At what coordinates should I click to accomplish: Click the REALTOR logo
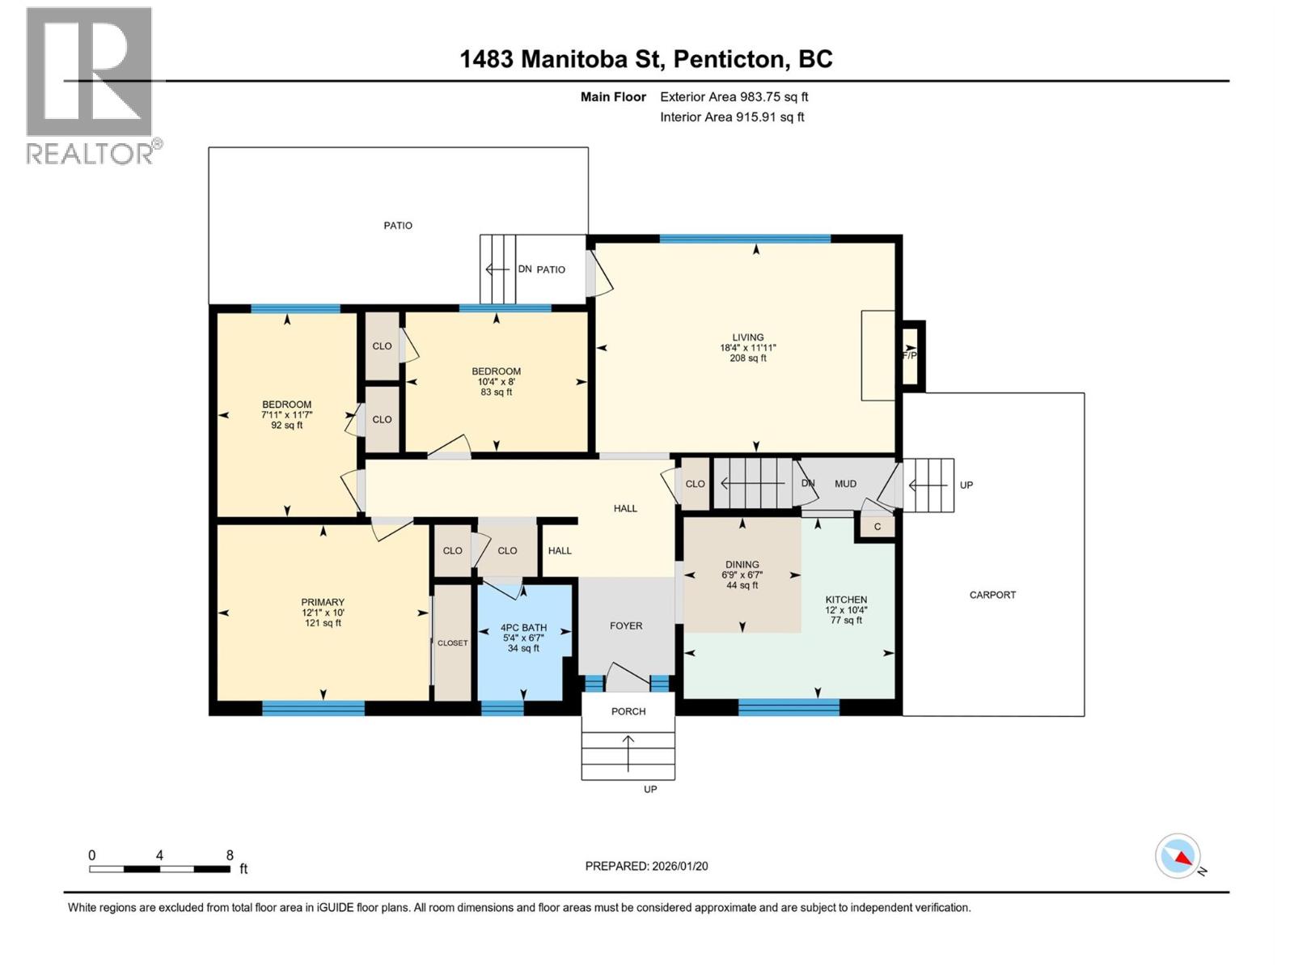[92, 86]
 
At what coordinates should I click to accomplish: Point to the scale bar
[160, 869]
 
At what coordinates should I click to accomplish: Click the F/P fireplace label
[909, 355]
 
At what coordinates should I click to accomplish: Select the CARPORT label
[992, 595]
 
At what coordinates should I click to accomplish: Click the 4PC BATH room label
[523, 628]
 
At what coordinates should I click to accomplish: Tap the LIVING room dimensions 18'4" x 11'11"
[747, 348]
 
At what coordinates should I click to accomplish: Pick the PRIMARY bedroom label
[323, 602]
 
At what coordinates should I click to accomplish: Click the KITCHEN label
[846, 600]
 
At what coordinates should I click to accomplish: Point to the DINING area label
[742, 564]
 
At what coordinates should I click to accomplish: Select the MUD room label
[845, 483]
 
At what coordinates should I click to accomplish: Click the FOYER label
[626, 625]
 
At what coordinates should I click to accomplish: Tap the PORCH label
[628, 711]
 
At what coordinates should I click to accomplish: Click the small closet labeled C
[877, 527]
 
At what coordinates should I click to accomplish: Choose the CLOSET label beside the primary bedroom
[453, 642]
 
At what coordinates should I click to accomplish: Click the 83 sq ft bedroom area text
[496, 392]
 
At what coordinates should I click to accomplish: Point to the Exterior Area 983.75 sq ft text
[734, 96]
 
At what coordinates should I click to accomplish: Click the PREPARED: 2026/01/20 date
[647, 866]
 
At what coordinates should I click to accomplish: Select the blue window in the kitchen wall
[789, 707]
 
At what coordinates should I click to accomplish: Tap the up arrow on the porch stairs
[628, 753]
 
